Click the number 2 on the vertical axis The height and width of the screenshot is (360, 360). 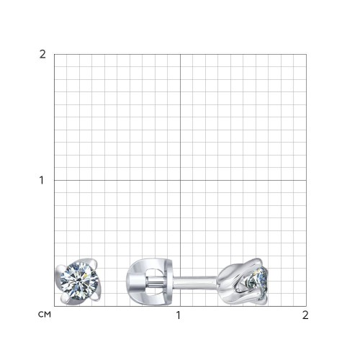point(42,55)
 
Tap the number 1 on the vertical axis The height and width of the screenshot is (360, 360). point(42,180)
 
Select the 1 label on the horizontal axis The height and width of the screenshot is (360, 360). point(178,315)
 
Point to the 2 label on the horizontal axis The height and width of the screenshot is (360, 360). point(305,315)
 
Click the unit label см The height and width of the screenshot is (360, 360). point(45,315)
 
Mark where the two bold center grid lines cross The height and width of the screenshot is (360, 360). point(180,180)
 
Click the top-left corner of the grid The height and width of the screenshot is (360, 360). point(54,54)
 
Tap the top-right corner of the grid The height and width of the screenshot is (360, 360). point(306,54)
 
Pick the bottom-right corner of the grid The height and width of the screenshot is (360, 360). point(306,306)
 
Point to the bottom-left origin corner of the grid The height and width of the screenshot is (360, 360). point(54,306)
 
